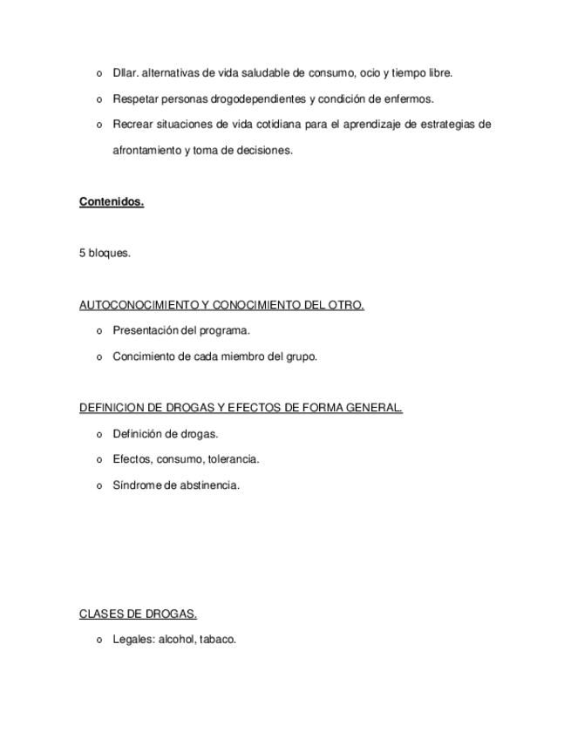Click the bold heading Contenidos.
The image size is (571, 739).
click(x=112, y=202)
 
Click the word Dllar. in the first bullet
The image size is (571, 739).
click(x=125, y=73)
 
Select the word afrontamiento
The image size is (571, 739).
click(x=147, y=150)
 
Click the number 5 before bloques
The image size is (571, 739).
click(x=82, y=254)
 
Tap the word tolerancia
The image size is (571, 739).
click(x=234, y=459)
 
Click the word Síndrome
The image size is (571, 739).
click(x=135, y=485)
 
